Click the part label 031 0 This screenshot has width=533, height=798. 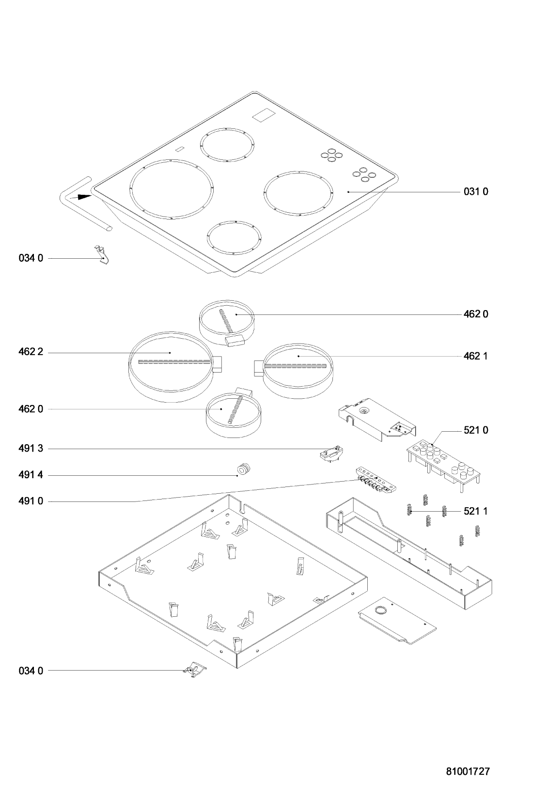tap(476, 191)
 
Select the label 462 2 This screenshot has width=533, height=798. tap(31, 352)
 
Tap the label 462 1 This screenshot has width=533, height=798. tap(476, 356)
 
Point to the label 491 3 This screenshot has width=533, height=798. tap(31, 449)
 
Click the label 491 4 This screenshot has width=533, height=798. tap(31, 475)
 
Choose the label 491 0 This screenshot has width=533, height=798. tap(31, 501)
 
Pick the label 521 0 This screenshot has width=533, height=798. tap(476, 430)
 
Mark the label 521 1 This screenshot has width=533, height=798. tap(476, 511)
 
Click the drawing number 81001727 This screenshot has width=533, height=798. tap(468, 771)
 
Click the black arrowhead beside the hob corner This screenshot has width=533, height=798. tap(83, 197)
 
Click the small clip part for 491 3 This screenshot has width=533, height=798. tap(331, 453)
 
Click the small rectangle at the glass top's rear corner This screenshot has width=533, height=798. tap(264, 116)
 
